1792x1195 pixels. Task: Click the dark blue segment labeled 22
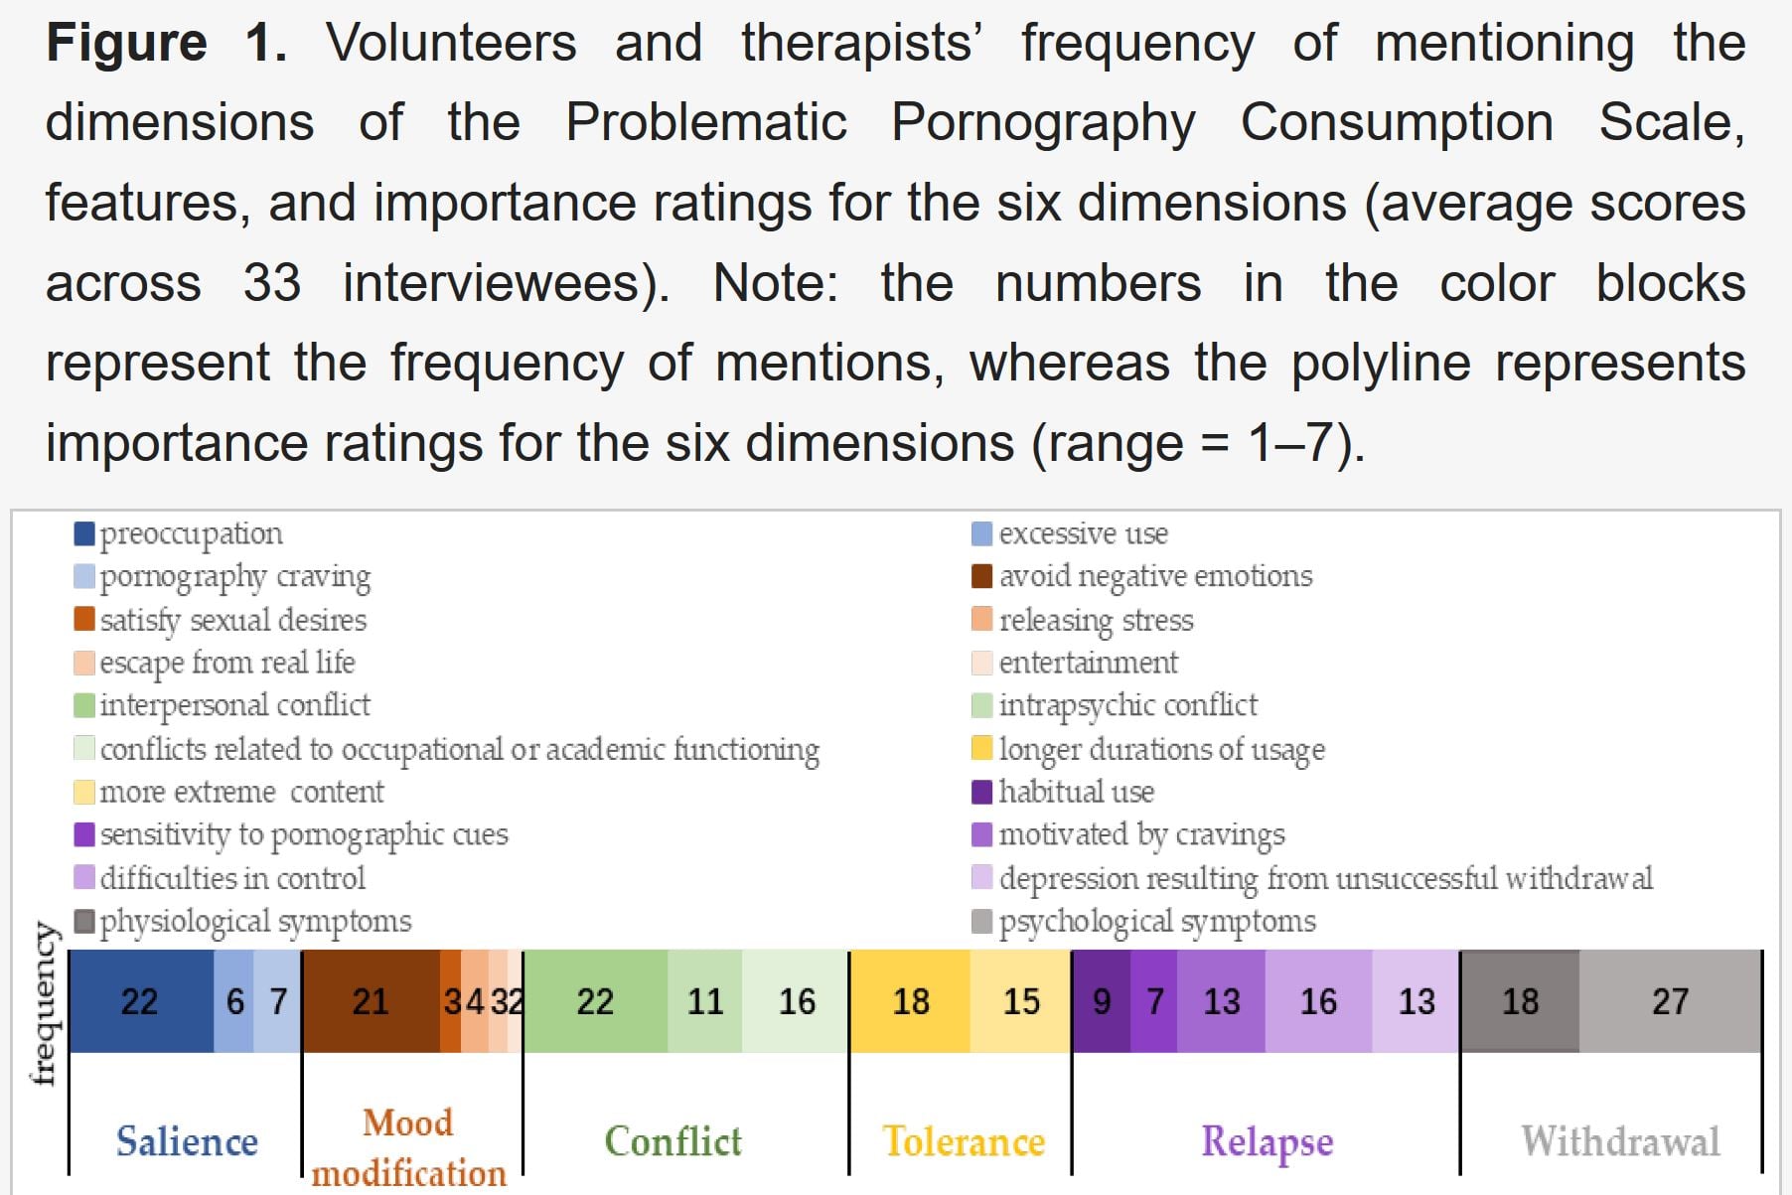click(140, 1001)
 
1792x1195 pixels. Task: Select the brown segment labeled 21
click(370, 1001)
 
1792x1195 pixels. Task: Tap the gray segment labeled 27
click(1669, 1001)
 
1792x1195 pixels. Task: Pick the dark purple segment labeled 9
click(1101, 1001)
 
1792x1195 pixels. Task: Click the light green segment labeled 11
click(704, 1001)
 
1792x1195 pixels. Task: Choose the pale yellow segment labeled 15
click(1020, 1001)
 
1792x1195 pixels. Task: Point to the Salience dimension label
click(187, 1141)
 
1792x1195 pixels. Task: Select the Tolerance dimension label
click(964, 1141)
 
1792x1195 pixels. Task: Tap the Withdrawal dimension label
click(1620, 1141)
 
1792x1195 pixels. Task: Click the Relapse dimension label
click(1267, 1141)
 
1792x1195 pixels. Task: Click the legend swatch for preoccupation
click(84, 534)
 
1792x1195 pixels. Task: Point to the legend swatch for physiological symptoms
click(84, 922)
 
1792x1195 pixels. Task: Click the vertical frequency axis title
click(43, 1003)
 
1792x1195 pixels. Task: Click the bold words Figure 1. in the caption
click(167, 44)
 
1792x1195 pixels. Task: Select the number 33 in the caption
click(271, 283)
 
